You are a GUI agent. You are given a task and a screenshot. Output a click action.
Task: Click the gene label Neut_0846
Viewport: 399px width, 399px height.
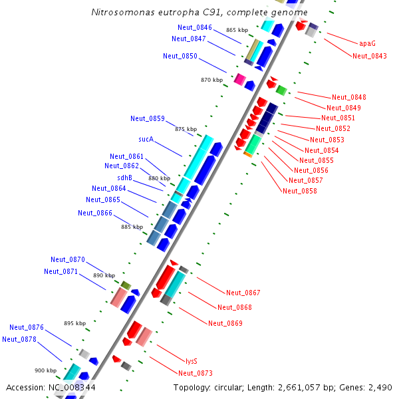(195, 27)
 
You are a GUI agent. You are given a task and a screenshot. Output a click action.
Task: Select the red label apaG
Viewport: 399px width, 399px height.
(367, 43)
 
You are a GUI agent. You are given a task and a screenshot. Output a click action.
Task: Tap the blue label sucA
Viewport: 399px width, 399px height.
(146, 140)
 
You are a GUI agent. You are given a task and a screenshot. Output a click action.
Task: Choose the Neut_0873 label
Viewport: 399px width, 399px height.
(196, 373)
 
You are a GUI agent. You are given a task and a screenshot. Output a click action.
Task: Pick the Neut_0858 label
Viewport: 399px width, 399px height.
(300, 191)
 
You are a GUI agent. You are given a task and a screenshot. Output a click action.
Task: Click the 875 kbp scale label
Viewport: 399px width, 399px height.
(186, 129)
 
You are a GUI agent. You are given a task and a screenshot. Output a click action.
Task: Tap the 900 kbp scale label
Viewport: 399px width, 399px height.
(46, 370)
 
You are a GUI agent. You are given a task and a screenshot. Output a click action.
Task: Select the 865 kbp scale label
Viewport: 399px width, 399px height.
(237, 30)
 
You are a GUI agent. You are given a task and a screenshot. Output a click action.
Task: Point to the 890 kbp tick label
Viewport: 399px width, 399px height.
(104, 275)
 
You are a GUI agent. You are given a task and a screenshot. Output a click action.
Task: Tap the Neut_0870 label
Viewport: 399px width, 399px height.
(68, 259)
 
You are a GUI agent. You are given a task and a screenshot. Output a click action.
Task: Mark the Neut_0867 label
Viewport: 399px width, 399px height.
(243, 293)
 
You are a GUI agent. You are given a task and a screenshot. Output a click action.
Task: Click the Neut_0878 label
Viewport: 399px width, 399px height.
(19, 339)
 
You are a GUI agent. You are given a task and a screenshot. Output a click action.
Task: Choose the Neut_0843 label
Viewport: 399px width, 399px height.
(370, 56)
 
